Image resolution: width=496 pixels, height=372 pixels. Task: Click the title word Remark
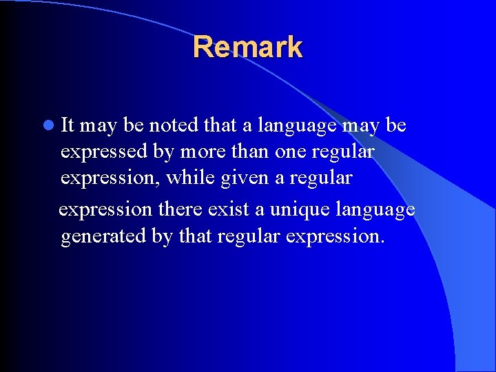click(247, 47)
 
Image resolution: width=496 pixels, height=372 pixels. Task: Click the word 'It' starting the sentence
click(68, 125)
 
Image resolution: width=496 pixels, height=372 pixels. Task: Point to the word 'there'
click(180, 207)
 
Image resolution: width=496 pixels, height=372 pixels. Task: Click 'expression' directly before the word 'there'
click(105, 207)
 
